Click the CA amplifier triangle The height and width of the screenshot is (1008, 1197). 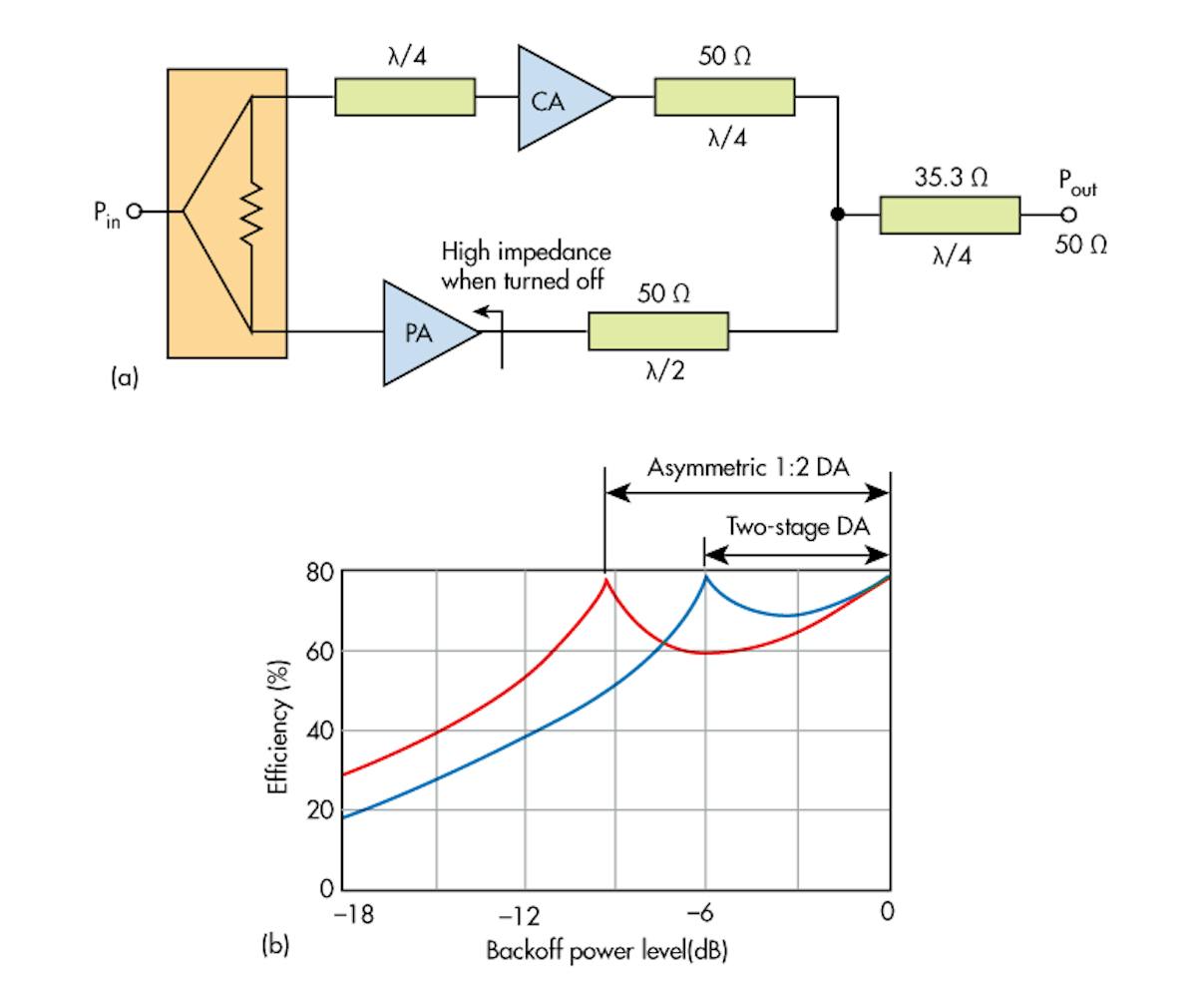(555, 98)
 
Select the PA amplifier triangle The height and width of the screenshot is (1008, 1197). (424, 333)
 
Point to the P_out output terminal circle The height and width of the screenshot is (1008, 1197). (1068, 215)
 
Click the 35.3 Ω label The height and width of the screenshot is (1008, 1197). (951, 178)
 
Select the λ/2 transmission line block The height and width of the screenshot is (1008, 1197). (657, 331)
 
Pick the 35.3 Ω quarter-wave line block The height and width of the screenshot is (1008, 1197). (950, 215)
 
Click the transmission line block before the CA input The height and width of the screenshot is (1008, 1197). (404, 98)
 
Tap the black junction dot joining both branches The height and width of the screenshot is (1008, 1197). (837, 214)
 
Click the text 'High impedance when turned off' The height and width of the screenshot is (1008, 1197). (526, 265)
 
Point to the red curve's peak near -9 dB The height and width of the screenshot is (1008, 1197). (604, 579)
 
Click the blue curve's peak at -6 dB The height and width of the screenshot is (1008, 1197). (706, 577)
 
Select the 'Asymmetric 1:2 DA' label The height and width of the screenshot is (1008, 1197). (747, 467)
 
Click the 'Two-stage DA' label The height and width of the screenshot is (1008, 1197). (797, 527)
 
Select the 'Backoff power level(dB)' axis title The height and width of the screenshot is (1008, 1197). (606, 950)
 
